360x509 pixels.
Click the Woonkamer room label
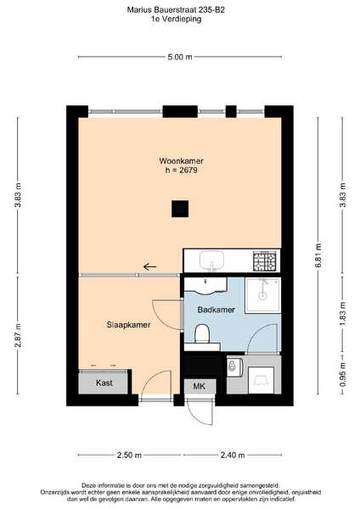182,161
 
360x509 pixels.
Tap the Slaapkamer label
129,325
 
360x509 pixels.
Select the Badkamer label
216,310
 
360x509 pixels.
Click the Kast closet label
104,383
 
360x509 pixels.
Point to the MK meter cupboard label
200,386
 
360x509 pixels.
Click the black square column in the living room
180,209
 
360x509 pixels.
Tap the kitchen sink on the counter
212,261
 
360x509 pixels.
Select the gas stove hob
265,261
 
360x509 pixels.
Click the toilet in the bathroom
202,333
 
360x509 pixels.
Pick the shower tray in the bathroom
263,295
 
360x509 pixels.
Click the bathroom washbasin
205,286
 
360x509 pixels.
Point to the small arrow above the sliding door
149,267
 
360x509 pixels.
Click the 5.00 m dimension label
180,57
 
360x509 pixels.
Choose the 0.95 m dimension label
342,375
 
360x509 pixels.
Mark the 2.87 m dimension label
18,335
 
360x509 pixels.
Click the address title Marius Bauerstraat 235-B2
176,9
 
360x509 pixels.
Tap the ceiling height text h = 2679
182,171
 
